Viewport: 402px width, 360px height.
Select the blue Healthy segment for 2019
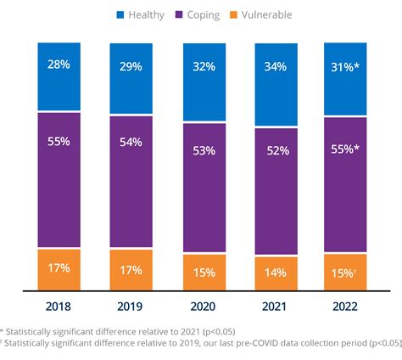click(131, 78)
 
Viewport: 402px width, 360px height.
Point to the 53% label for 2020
click(204, 151)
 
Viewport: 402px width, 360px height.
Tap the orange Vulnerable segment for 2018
click(59, 269)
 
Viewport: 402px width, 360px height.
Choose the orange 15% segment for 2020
click(204, 273)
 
